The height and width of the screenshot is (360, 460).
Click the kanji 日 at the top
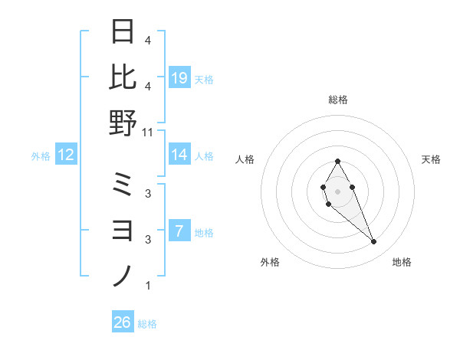click(x=123, y=32)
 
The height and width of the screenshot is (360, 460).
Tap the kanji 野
click(x=123, y=123)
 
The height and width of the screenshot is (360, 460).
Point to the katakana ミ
click(x=123, y=185)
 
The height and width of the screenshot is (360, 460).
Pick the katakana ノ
click(x=123, y=275)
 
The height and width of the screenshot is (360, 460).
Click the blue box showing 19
click(x=179, y=78)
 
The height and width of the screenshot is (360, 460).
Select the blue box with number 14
click(x=179, y=155)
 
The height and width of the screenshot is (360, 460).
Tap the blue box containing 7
click(x=179, y=231)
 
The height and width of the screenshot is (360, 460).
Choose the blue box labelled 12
click(x=66, y=155)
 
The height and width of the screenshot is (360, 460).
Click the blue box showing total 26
click(x=122, y=322)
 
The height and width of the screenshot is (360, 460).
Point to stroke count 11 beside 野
click(x=149, y=132)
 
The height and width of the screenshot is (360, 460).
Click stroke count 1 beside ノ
click(x=148, y=286)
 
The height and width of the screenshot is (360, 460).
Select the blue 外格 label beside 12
click(x=41, y=156)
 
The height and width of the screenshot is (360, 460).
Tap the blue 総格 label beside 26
click(x=147, y=324)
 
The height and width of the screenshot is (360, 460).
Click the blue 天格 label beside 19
click(x=204, y=79)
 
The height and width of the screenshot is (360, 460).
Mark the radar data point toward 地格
click(x=374, y=242)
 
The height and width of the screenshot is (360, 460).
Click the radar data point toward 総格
click(x=337, y=161)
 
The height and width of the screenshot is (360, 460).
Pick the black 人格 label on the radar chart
click(x=245, y=159)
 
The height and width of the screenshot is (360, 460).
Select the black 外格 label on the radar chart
click(x=270, y=262)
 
